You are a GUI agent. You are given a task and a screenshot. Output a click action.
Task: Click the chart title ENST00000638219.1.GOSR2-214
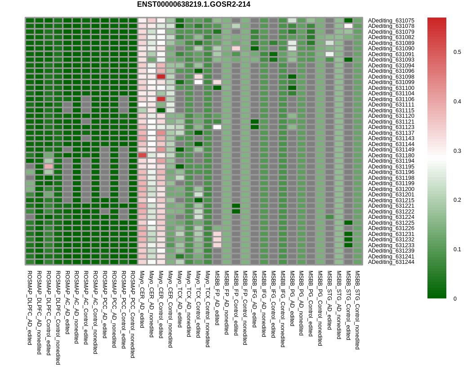pyautogui.click(x=193, y=4)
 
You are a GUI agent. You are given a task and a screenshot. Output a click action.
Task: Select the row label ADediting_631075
pyautogui.click(x=391, y=20)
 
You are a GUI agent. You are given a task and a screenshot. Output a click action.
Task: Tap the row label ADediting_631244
pyautogui.click(x=391, y=262)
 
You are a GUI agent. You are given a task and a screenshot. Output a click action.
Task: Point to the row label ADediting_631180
pyautogui.click(x=391, y=155)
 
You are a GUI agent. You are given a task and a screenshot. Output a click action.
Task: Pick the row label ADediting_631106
pyautogui.click(x=391, y=99)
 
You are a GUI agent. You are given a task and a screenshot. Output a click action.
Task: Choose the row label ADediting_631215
pyautogui.click(x=391, y=200)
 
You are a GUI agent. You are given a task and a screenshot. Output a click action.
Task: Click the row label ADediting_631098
pyautogui.click(x=391, y=76)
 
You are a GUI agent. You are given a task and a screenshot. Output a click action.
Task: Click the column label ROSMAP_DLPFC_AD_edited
pyautogui.click(x=30, y=307)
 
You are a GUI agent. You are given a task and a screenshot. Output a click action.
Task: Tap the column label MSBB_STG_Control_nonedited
pyautogui.click(x=358, y=310)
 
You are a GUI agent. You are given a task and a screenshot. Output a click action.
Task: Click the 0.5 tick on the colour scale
pyautogui.click(x=457, y=52)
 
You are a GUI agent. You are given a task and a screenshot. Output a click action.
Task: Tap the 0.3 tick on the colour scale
pyautogui.click(x=457, y=151)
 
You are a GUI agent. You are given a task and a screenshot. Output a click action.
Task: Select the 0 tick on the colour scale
pyautogui.click(x=455, y=298)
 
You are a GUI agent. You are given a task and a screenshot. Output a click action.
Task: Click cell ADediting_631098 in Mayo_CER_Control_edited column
pyautogui.click(x=161, y=76)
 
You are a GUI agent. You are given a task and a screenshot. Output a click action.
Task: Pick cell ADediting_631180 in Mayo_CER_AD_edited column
pyautogui.click(x=142, y=155)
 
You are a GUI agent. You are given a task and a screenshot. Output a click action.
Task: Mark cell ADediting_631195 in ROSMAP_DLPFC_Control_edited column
pyautogui.click(x=49, y=166)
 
